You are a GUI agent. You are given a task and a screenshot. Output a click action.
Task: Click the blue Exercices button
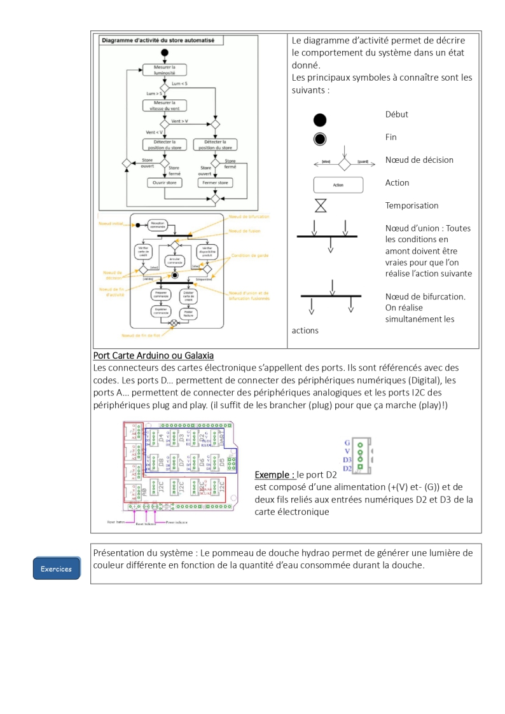(x=57, y=568)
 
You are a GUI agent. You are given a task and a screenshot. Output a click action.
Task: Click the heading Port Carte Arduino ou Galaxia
(x=153, y=355)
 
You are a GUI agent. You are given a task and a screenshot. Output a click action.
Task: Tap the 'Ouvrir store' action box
(x=165, y=182)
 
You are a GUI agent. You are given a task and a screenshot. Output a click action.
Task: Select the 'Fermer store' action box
(x=215, y=182)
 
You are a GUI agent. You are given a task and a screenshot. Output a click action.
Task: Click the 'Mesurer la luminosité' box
(x=164, y=70)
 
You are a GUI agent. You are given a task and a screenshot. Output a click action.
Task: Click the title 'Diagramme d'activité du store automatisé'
(x=158, y=39)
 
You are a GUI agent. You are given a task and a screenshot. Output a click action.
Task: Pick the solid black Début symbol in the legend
(x=320, y=120)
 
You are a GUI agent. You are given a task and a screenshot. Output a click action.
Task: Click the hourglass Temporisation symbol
(x=321, y=205)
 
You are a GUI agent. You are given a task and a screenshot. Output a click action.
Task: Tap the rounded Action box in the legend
(x=338, y=185)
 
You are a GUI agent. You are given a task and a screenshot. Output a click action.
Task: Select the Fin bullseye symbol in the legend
(x=320, y=140)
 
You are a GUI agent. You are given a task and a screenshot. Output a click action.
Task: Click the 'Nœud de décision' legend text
(x=419, y=160)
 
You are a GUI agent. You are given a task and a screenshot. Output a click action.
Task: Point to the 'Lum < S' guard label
(x=180, y=84)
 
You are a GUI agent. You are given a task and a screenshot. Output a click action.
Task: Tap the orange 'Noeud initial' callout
(x=111, y=224)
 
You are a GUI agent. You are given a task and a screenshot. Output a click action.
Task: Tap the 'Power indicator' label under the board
(x=179, y=521)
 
